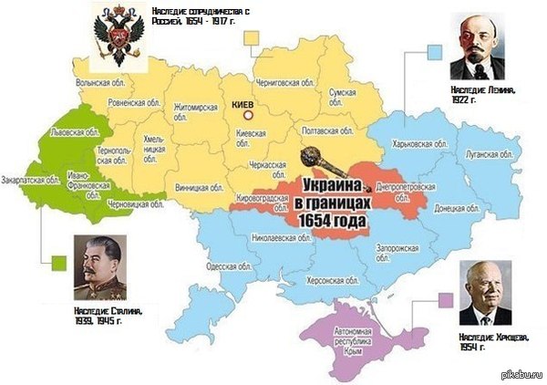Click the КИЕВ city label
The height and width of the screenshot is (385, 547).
click(244, 105)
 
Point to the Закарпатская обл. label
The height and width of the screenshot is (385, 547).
click(26, 180)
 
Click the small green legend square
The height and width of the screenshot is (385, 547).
click(59, 263)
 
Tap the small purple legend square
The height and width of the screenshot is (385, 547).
click(445, 299)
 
